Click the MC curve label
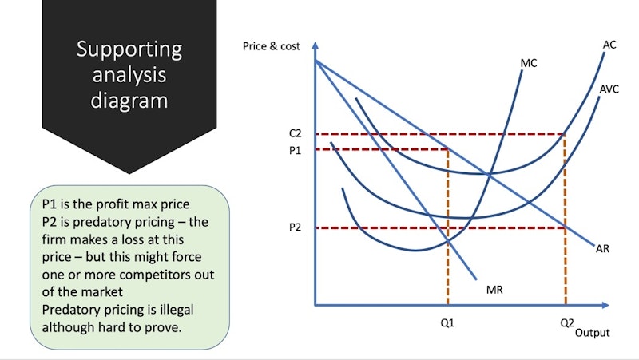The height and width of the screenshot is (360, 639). (529, 63)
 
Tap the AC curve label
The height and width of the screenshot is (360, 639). (609, 45)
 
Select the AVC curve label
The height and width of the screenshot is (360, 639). (609, 89)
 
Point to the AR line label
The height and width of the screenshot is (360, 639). (602, 248)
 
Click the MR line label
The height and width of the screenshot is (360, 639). (494, 290)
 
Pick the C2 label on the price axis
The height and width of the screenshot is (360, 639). (295, 133)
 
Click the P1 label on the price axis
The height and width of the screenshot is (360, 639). (295, 150)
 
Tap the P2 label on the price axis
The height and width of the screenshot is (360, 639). (295, 227)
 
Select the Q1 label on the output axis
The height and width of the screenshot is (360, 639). (447, 323)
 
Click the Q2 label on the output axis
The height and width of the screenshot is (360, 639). (567, 323)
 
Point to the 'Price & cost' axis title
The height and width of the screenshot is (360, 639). (271, 46)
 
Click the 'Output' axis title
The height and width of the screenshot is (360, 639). (593, 333)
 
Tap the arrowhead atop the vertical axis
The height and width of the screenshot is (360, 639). (315, 45)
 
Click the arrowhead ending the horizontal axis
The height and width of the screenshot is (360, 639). (605, 305)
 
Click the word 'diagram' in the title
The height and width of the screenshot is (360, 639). (129, 101)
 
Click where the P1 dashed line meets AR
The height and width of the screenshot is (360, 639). (448, 149)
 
